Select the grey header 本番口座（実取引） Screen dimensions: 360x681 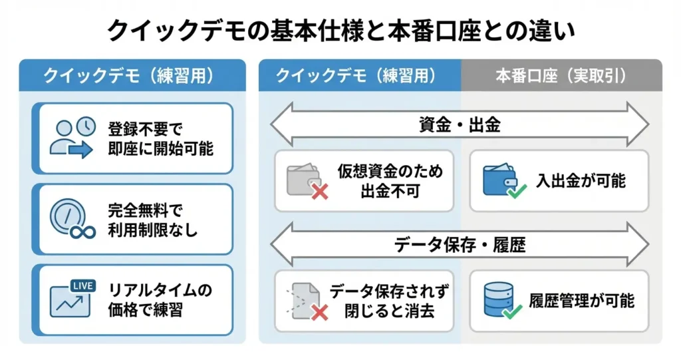pos(561,75)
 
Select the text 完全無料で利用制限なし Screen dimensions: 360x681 pos(152,220)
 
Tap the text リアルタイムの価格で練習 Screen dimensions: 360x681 pos(159,300)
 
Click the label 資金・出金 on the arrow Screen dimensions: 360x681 pos(460,124)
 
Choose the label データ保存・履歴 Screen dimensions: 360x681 pos(460,246)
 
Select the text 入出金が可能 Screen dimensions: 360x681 pos(581,180)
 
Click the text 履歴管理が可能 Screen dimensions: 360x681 pos(581,301)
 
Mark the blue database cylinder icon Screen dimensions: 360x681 pos(498,298)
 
